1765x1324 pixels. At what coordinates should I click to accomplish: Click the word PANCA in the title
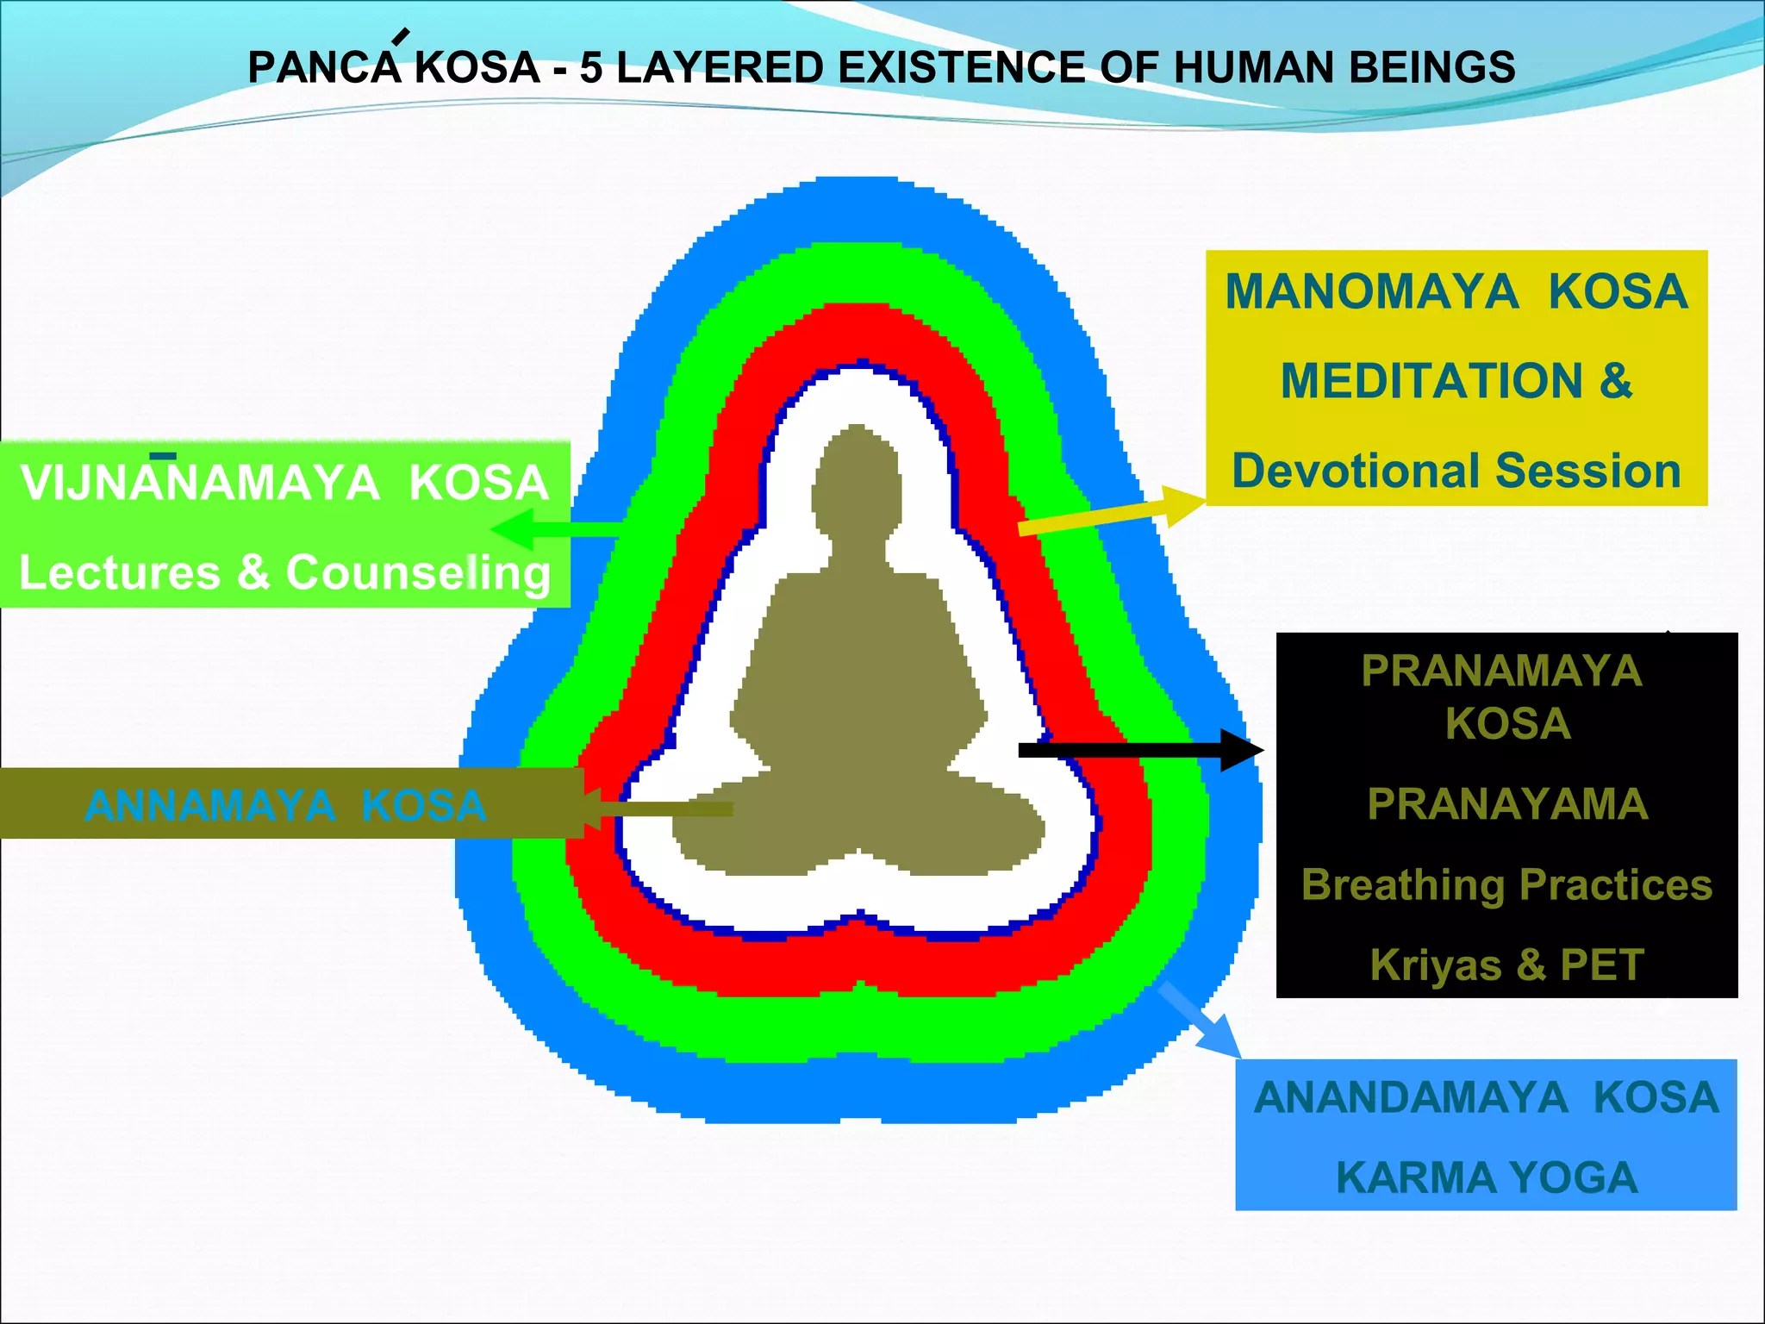point(324,68)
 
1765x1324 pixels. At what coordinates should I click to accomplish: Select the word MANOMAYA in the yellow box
point(1371,291)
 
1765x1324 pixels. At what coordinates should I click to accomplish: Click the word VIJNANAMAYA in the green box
point(199,483)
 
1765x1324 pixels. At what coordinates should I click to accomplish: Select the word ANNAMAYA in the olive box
point(209,806)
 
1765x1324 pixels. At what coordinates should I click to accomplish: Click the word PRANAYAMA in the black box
point(1507,804)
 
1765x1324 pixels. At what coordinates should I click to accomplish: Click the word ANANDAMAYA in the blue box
point(1410,1098)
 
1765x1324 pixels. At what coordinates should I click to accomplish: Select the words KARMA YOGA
point(1487,1178)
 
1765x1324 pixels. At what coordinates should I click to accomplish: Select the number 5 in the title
point(590,68)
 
